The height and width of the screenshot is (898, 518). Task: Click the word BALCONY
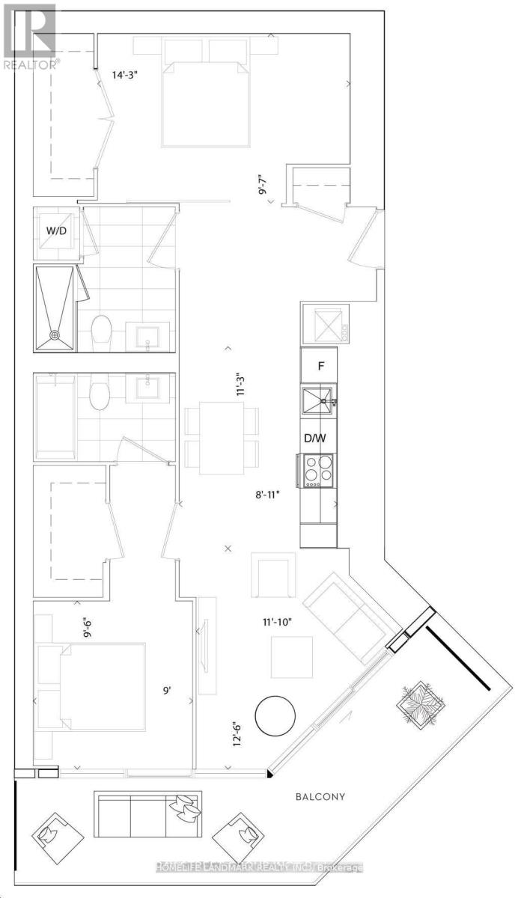(320, 797)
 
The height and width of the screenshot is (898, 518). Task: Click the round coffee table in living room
(277, 717)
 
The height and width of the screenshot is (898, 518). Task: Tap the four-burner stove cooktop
(317, 471)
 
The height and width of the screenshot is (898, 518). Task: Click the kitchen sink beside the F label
(317, 401)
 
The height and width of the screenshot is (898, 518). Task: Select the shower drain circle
(54, 335)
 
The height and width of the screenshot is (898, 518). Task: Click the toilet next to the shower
(101, 331)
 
